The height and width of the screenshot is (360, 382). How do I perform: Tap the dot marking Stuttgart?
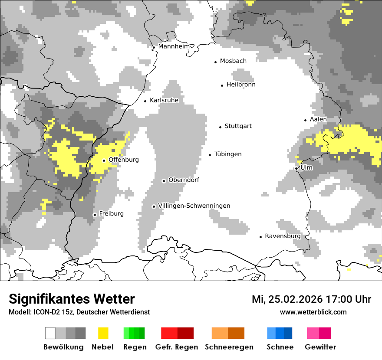pyautogui.click(x=220, y=127)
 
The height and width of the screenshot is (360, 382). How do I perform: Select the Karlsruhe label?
pyautogui.click(x=164, y=100)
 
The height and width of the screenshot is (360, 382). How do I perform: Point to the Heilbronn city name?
pyautogui.click(x=241, y=85)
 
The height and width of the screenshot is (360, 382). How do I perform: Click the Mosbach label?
pyautogui.click(x=233, y=61)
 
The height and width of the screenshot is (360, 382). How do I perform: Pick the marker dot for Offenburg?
pyautogui.click(x=104, y=160)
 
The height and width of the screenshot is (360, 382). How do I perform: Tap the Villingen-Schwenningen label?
pyautogui.click(x=194, y=206)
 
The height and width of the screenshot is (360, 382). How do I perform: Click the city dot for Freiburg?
pyautogui.click(x=95, y=215)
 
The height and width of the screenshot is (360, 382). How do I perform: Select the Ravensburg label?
pyautogui.click(x=283, y=236)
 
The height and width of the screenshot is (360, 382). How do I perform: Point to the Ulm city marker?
pyautogui.click(x=296, y=168)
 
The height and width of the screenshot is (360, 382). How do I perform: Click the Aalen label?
pyautogui.click(x=318, y=119)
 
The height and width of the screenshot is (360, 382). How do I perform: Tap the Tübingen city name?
pyautogui.click(x=228, y=154)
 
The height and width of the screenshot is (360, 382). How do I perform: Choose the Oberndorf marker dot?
pyautogui.click(x=164, y=181)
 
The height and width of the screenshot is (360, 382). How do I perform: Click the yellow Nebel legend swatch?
pyautogui.click(x=103, y=333)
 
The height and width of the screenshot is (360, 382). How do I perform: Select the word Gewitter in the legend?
pyautogui.click(x=320, y=347)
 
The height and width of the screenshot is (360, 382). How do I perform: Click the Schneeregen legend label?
pyautogui.click(x=229, y=347)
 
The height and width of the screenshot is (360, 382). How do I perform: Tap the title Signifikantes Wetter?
pyautogui.click(x=72, y=299)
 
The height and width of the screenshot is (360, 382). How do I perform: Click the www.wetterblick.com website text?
pyautogui.click(x=313, y=312)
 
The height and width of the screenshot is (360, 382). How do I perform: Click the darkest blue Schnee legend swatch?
pyautogui.click(x=288, y=333)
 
